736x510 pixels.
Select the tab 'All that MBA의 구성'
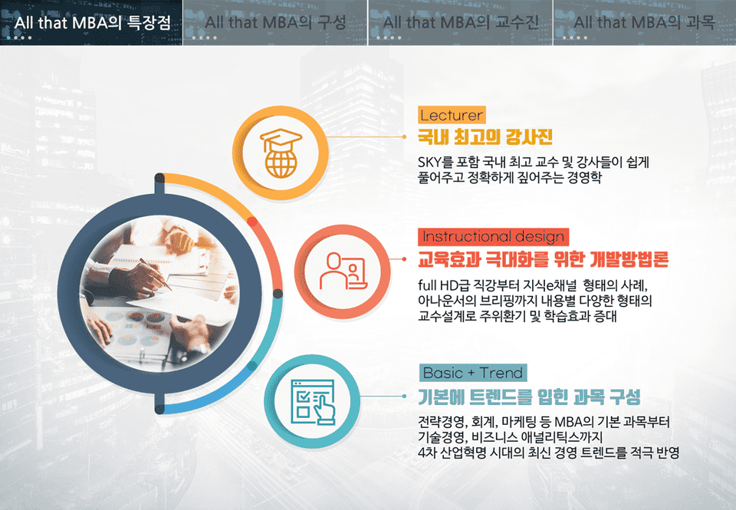(x=275, y=22)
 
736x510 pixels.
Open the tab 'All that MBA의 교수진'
(x=461, y=22)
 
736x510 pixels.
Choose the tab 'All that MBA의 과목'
(x=645, y=22)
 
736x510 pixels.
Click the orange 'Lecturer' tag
(x=452, y=115)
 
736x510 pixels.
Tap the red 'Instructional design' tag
(x=493, y=236)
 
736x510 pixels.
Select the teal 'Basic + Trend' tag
(x=473, y=373)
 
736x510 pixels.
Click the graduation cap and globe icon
(x=281, y=153)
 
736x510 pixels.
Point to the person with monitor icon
(x=343, y=271)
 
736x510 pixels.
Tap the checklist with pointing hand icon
(x=313, y=402)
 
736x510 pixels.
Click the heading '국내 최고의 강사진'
(x=485, y=137)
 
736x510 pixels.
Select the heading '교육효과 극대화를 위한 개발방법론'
(x=543, y=258)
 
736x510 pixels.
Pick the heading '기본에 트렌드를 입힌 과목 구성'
(x=530, y=397)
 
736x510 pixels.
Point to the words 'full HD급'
(x=445, y=285)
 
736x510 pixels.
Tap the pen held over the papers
(x=156, y=274)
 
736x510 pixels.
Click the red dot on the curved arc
(x=252, y=222)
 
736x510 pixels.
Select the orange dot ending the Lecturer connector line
(x=404, y=137)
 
